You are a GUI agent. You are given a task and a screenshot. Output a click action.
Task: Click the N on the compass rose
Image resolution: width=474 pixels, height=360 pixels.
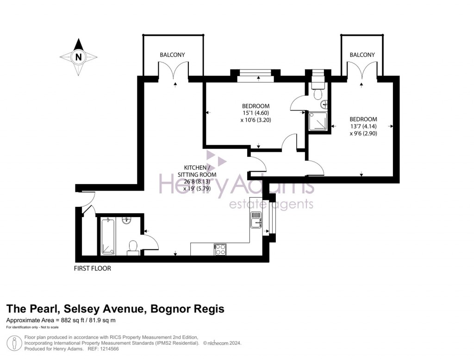click(78, 57)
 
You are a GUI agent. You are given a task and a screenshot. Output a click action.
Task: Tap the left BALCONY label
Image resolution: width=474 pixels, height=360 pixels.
click(172, 55)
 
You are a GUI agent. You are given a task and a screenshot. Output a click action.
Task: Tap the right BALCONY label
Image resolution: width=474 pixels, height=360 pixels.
click(362, 55)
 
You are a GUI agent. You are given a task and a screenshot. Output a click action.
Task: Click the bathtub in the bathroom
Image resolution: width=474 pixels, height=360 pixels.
click(108, 236)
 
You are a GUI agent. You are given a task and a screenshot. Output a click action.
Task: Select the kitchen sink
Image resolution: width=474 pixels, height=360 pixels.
click(256, 220)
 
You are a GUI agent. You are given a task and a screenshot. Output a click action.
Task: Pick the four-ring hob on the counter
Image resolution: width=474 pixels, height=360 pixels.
click(220, 250)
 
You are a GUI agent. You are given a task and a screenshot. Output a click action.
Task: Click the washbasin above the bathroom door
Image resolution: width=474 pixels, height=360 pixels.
click(126, 221)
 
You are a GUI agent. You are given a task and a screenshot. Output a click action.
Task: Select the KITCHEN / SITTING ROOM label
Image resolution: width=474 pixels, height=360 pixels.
click(197, 171)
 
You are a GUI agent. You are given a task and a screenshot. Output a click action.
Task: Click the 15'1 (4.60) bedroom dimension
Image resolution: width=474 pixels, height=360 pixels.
click(256, 113)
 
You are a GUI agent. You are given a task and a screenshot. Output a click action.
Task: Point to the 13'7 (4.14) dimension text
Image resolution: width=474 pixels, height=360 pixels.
click(363, 126)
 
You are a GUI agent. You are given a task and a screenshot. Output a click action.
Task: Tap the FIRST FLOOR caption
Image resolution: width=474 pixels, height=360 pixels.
click(93, 268)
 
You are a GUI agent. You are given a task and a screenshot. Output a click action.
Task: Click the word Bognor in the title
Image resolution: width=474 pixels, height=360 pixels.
click(169, 309)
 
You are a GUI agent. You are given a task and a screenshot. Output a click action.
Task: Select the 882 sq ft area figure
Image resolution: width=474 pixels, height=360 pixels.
click(71, 321)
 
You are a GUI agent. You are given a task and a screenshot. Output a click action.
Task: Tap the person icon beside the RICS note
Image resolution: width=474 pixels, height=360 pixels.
click(14, 343)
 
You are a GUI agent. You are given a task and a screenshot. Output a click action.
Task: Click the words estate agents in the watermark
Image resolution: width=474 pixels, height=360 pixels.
click(271, 205)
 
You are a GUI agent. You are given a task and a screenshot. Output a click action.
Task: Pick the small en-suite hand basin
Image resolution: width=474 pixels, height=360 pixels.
click(325, 104)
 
